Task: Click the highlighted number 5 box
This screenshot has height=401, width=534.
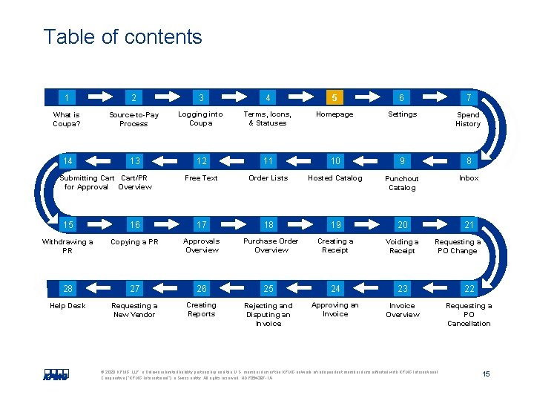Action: [x=334, y=97]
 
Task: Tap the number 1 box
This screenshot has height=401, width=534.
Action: [x=67, y=97]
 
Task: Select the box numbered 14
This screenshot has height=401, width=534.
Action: [x=67, y=161]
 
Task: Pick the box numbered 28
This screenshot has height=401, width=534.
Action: [x=67, y=289]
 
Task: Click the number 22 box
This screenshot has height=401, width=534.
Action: [x=469, y=289]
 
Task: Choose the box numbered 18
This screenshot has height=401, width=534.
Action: [x=268, y=225]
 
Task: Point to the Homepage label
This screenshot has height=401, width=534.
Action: [x=334, y=114]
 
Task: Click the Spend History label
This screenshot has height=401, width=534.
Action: [x=468, y=120]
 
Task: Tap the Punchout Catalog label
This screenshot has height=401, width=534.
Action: [x=402, y=183]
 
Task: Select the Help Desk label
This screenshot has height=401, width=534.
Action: [x=67, y=306]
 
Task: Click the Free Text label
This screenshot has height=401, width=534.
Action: [x=201, y=178]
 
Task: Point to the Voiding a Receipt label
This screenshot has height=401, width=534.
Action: [x=402, y=247]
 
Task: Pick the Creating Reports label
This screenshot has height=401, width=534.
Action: [x=201, y=310]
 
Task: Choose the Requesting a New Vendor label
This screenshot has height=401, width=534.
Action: [x=133, y=310]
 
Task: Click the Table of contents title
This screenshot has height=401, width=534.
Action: [x=122, y=37]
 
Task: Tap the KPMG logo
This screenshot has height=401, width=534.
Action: [x=56, y=375]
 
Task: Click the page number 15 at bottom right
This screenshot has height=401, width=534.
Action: [x=486, y=374]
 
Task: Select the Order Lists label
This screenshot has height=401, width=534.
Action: [x=268, y=178]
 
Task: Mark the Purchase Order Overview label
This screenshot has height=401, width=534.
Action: [x=271, y=246]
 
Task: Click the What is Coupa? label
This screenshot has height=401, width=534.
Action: [x=67, y=120]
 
